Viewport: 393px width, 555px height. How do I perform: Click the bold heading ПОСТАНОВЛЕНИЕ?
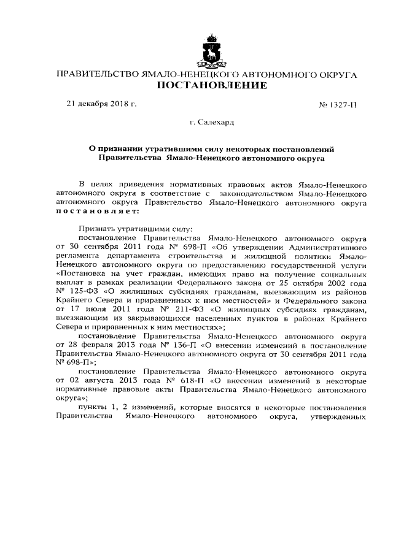coord(212,85)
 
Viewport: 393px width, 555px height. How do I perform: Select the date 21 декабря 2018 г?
coord(101,104)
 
